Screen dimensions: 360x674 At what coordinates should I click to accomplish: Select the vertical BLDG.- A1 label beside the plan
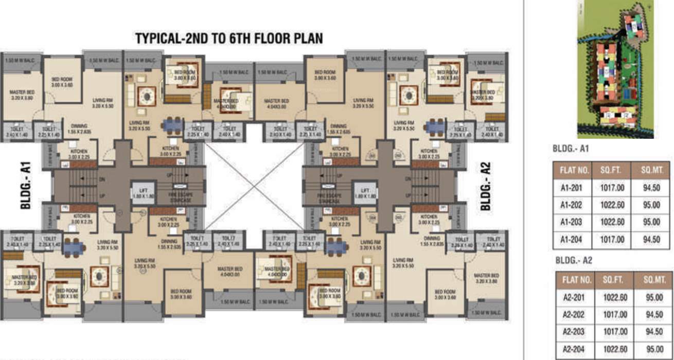tap(26, 186)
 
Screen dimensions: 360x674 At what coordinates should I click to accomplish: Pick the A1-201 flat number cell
tap(571, 188)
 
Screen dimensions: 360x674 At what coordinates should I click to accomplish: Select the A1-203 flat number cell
tap(571, 222)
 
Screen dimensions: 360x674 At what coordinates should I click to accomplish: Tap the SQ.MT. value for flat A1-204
tap(652, 240)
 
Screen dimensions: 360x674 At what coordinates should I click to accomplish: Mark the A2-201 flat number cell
tap(574, 297)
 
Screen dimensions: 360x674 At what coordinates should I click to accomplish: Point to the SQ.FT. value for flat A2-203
tap(616, 332)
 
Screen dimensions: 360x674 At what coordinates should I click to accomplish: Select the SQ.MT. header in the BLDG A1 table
tap(652, 170)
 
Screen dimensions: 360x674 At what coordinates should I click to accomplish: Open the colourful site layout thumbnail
tap(615, 69)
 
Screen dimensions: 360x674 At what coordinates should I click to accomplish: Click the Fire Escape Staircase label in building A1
tap(181, 197)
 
